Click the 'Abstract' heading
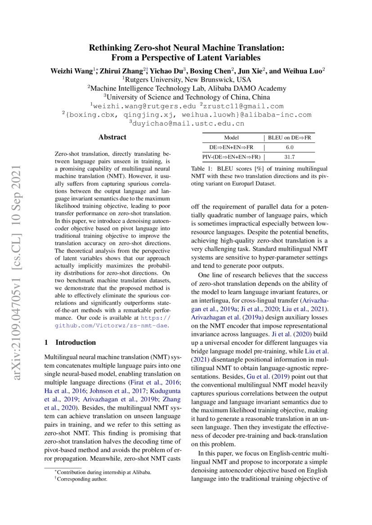point(112,137)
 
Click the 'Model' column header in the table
point(231,138)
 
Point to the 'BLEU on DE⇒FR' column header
point(289,138)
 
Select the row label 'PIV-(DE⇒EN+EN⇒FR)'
point(231,157)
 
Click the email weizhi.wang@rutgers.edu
point(146,106)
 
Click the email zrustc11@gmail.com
point(243,106)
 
